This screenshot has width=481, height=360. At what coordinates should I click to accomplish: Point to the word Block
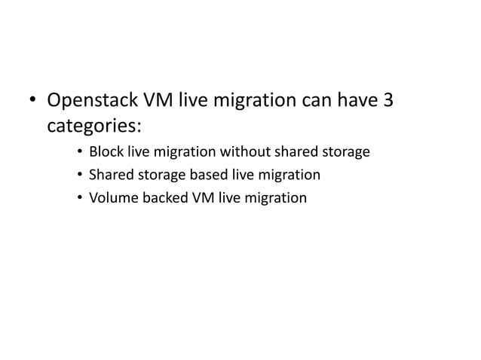[106, 152]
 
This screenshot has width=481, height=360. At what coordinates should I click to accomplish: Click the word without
[244, 152]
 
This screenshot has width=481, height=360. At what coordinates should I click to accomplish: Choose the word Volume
[112, 198]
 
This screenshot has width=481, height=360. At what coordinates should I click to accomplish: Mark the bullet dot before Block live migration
[79, 153]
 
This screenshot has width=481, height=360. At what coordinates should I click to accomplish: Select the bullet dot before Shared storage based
[79, 176]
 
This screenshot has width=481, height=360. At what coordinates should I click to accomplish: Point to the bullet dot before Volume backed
[79, 199]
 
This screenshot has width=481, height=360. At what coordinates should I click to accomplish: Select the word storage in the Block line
[346, 152]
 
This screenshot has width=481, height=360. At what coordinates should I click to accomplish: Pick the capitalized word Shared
[110, 175]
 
